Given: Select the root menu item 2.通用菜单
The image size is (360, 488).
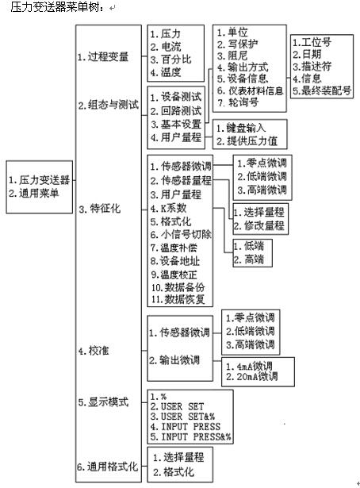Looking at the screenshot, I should click(37, 193).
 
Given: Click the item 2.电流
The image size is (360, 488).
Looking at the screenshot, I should click(165, 46).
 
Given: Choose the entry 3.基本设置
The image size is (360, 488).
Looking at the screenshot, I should click(175, 124).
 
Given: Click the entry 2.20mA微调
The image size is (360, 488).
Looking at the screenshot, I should click(251, 376).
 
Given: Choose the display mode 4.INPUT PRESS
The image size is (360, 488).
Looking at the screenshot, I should click(188, 425).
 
